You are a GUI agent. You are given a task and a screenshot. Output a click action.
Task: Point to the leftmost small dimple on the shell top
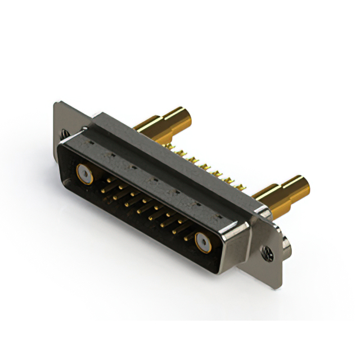click(x=89, y=145)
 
